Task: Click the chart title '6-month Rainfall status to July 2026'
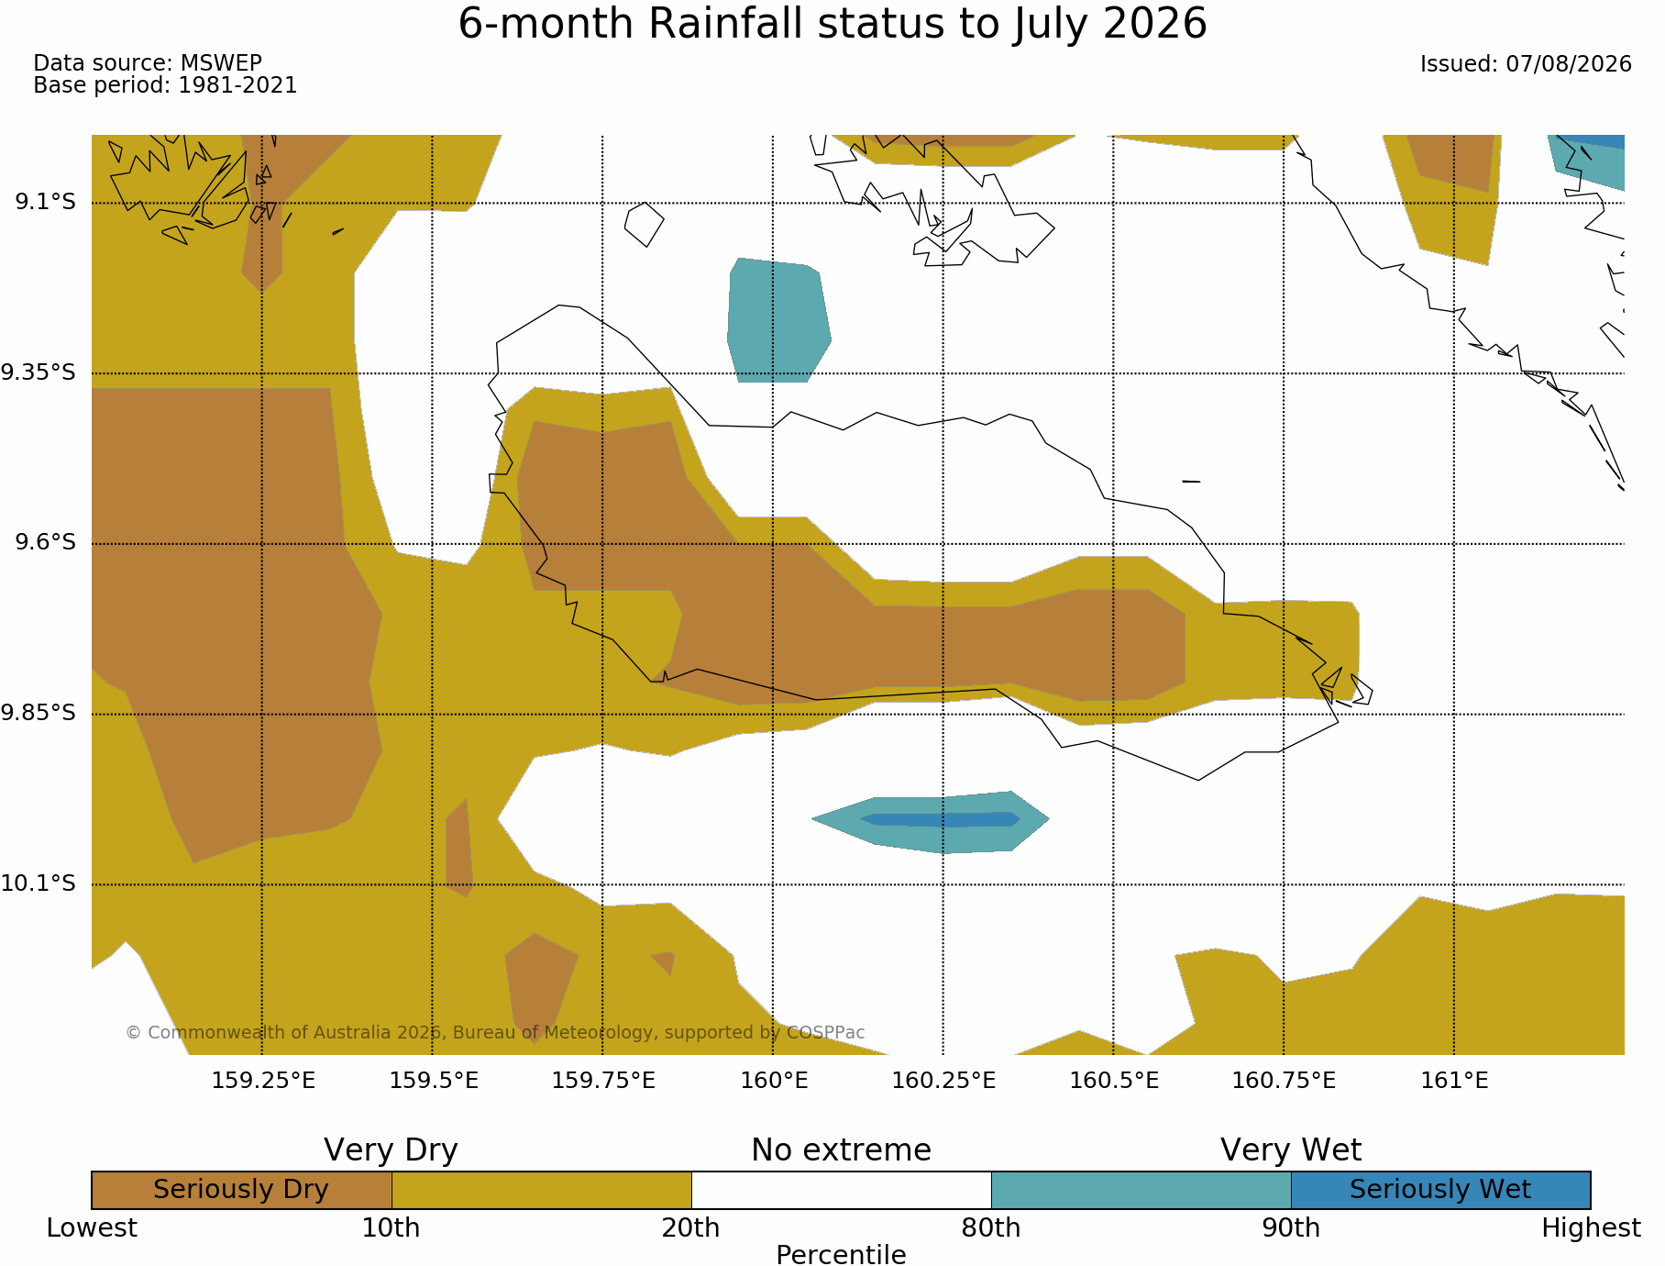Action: pos(832,24)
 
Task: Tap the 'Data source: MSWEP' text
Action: pos(148,63)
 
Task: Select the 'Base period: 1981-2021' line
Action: pos(165,85)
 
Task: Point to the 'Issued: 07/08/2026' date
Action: pos(1526,64)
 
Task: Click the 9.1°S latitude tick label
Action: pos(46,201)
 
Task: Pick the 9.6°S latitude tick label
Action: pos(46,542)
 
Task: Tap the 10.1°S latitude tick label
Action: pos(39,883)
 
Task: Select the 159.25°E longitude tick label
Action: pos(263,1081)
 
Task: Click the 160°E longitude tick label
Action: pos(774,1081)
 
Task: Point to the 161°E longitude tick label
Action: pos(1454,1081)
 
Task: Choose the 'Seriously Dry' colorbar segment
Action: pos(242,1190)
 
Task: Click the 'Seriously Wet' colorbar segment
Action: pos(1440,1190)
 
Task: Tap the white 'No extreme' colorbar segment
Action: pos(842,1190)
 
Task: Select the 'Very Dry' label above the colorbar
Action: pos(391,1149)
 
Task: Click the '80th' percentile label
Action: pos(991,1227)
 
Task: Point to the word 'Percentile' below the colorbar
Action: pos(841,1254)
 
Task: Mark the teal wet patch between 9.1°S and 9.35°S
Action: pos(778,320)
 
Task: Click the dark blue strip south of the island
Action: pos(940,819)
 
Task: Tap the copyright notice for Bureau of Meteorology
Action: pos(495,1032)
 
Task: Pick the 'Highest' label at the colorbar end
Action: pos(1591,1227)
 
